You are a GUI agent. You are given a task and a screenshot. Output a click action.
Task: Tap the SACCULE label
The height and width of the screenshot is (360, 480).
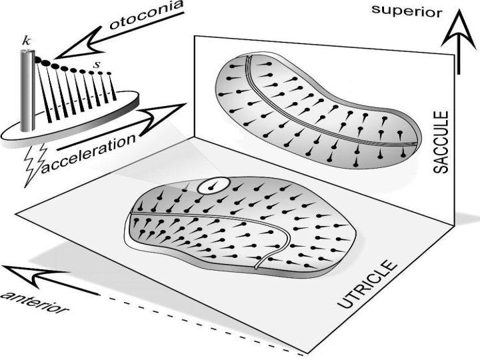click(442, 143)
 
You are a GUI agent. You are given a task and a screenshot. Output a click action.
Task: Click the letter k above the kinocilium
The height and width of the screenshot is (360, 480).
click(26, 41)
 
